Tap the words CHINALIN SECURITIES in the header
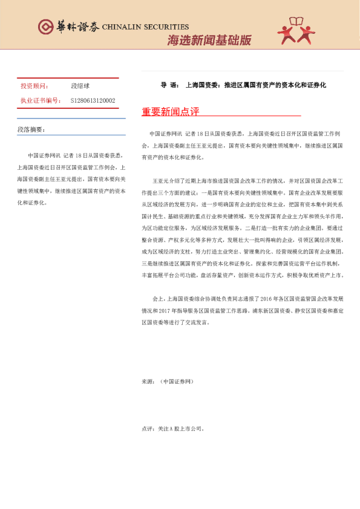145,27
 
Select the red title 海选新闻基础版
209,41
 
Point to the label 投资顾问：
35,86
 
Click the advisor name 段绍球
80,86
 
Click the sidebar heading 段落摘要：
31,129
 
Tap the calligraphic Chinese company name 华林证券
76,27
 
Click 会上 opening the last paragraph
158,299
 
